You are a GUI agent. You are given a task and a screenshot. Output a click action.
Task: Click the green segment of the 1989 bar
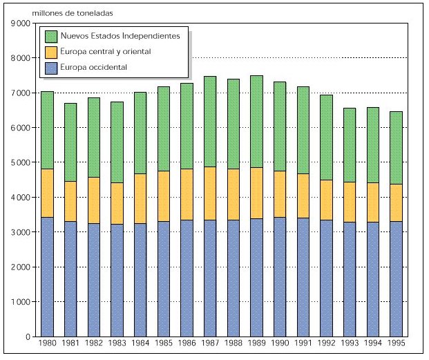click(256, 122)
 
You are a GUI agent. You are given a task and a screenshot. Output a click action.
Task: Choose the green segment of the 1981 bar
click(70, 142)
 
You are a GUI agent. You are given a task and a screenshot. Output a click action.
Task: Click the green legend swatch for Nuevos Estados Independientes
click(50, 35)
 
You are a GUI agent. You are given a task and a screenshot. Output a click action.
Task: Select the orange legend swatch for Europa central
click(50, 52)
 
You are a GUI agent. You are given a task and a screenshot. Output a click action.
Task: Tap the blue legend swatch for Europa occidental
click(50, 68)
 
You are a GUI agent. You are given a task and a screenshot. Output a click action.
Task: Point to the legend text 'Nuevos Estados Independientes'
click(121, 35)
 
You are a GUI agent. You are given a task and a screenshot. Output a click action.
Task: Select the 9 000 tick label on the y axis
click(21, 23)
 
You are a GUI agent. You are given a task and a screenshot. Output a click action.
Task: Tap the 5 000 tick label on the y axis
click(21, 163)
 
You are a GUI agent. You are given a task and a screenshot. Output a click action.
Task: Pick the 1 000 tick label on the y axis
click(21, 302)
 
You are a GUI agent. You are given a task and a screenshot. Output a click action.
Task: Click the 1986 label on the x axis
click(187, 343)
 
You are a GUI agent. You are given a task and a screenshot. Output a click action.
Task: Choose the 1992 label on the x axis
click(325, 343)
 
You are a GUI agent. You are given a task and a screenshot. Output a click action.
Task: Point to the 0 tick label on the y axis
click(28, 337)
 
